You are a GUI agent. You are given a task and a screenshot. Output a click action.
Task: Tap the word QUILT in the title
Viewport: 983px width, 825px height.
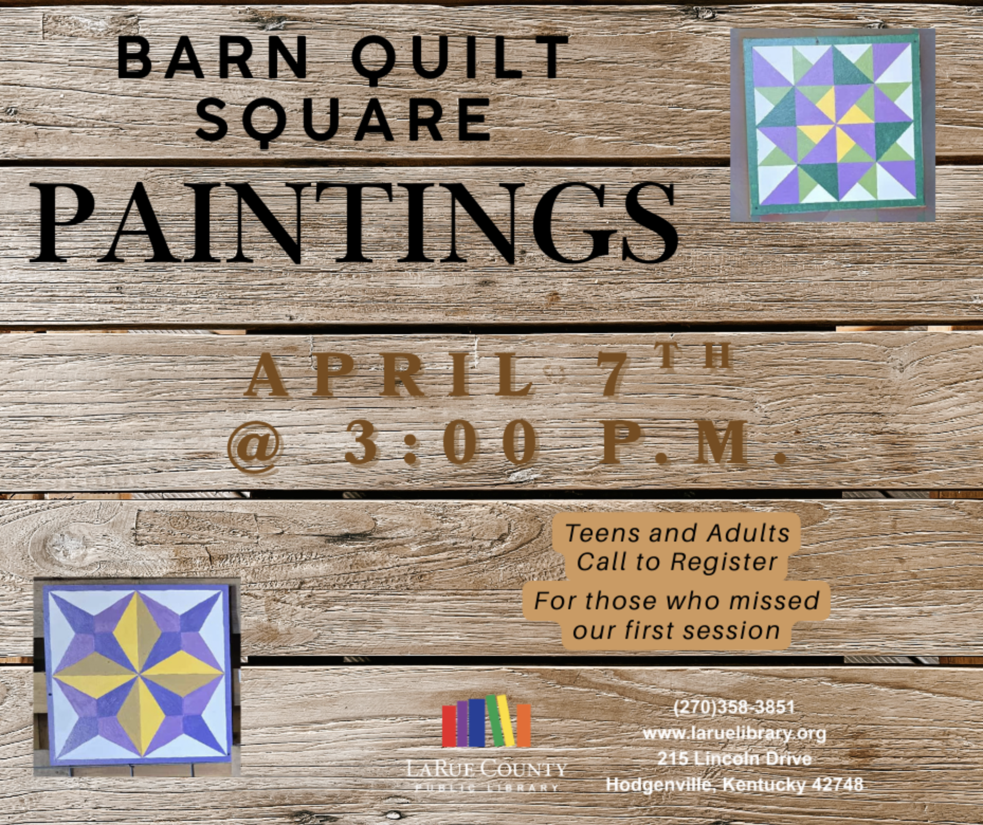460,59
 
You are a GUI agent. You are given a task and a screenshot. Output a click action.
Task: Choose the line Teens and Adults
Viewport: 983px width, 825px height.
677,533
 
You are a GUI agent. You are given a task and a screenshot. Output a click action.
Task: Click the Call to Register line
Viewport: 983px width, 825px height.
677,562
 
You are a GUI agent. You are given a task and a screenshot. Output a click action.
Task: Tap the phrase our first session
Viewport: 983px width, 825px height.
676,630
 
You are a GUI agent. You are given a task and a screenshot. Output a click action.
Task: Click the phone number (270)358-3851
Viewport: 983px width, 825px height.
735,707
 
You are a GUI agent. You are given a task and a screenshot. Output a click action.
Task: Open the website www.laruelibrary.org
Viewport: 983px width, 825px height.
735,733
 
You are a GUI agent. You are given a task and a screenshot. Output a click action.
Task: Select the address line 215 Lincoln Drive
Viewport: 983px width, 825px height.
735,758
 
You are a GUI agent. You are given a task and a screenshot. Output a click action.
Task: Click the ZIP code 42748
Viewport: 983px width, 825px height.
836,784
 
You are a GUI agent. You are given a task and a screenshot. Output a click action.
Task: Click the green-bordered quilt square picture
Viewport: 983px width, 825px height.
833,124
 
